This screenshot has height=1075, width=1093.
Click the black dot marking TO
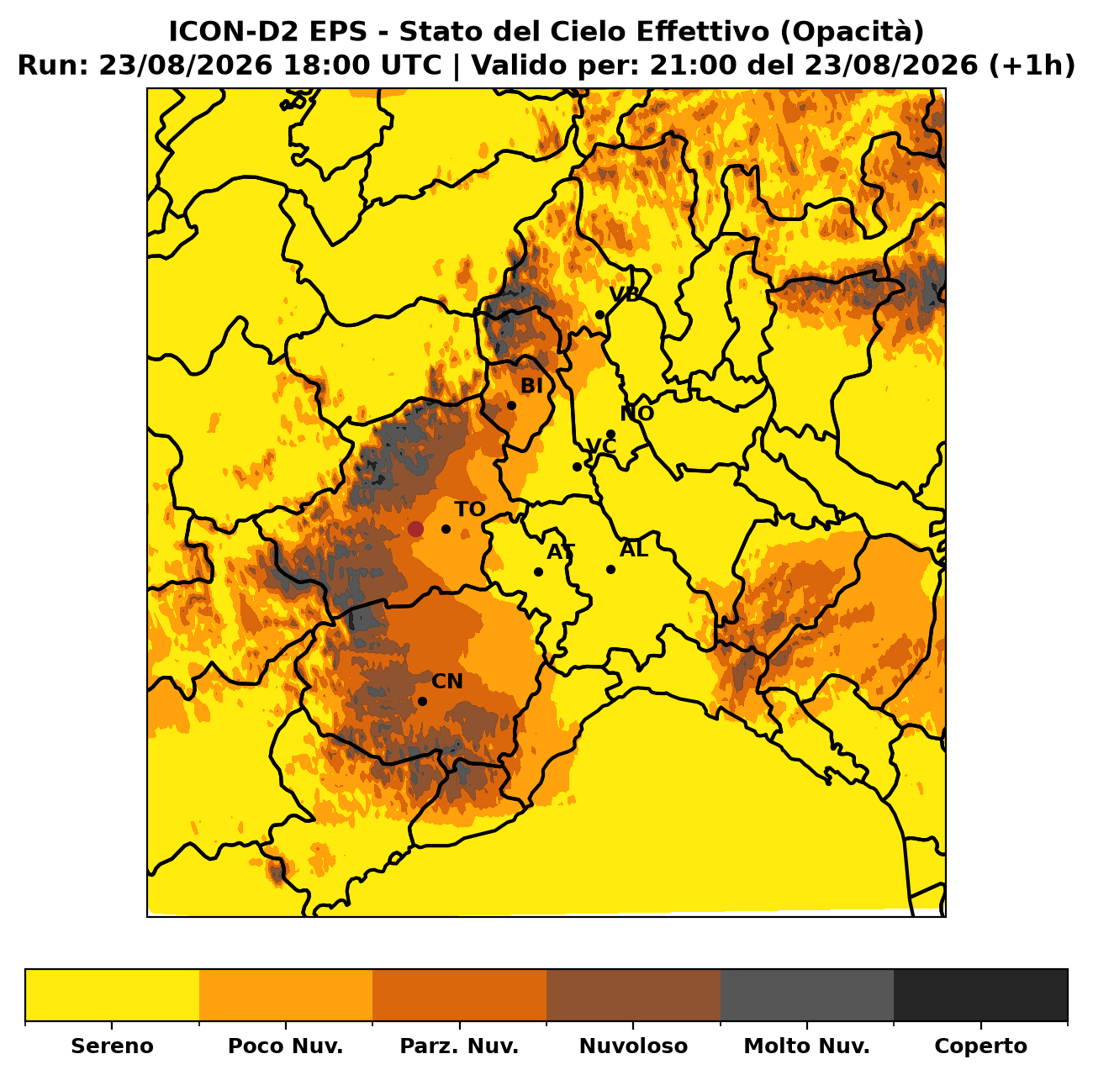(446, 530)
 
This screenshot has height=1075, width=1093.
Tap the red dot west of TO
(415, 530)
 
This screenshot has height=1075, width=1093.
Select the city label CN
(447, 682)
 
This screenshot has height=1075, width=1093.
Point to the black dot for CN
(423, 702)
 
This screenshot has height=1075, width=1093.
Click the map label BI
(531, 386)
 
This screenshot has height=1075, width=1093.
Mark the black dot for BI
(512, 406)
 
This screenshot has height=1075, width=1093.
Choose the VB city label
(624, 294)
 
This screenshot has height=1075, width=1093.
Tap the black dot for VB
(600, 315)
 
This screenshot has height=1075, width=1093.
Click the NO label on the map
(637, 414)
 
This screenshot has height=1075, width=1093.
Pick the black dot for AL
(611, 570)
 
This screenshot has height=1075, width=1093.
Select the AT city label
(561, 552)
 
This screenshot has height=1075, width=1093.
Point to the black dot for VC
(577, 466)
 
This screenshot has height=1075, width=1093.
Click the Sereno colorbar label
(113, 1046)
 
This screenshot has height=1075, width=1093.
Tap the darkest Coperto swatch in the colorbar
(980, 994)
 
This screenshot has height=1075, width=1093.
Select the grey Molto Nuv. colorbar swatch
(807, 994)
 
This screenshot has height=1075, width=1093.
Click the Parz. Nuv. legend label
(459, 1046)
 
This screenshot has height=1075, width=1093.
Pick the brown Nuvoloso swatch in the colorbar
(634, 994)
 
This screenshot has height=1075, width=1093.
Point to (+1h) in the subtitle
(1032, 66)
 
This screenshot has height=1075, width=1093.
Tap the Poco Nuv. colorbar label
(286, 1046)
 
